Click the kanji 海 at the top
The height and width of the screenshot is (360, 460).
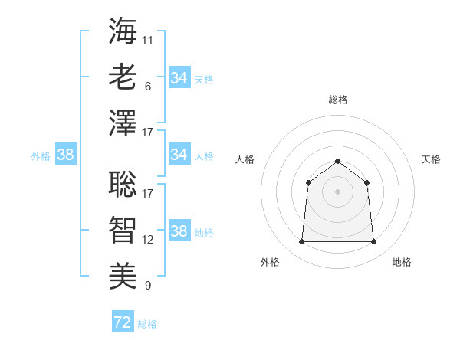tap(123, 31)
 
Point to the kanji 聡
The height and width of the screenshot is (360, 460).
tap(123, 182)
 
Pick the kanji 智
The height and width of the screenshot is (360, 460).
tap(123, 228)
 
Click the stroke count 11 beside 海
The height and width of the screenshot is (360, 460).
tap(147, 40)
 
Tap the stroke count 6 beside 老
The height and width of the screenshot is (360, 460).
tap(147, 87)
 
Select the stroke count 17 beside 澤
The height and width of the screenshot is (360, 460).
tap(148, 133)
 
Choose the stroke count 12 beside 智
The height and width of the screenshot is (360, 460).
tap(148, 239)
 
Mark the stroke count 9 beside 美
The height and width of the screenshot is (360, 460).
tap(147, 286)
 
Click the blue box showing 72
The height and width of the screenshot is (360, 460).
tap(123, 322)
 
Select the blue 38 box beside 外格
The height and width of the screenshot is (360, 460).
tap(66, 155)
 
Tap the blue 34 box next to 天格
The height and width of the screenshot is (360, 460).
tap(179, 78)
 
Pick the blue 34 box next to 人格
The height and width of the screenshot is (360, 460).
tap(179, 155)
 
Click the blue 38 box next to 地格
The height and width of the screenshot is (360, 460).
tap(179, 231)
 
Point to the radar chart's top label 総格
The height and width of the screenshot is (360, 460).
tap(338, 100)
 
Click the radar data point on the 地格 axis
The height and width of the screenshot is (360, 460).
tap(374, 242)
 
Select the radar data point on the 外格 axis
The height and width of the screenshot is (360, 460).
tap(301, 242)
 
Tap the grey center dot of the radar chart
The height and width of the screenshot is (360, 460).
tap(337, 191)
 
